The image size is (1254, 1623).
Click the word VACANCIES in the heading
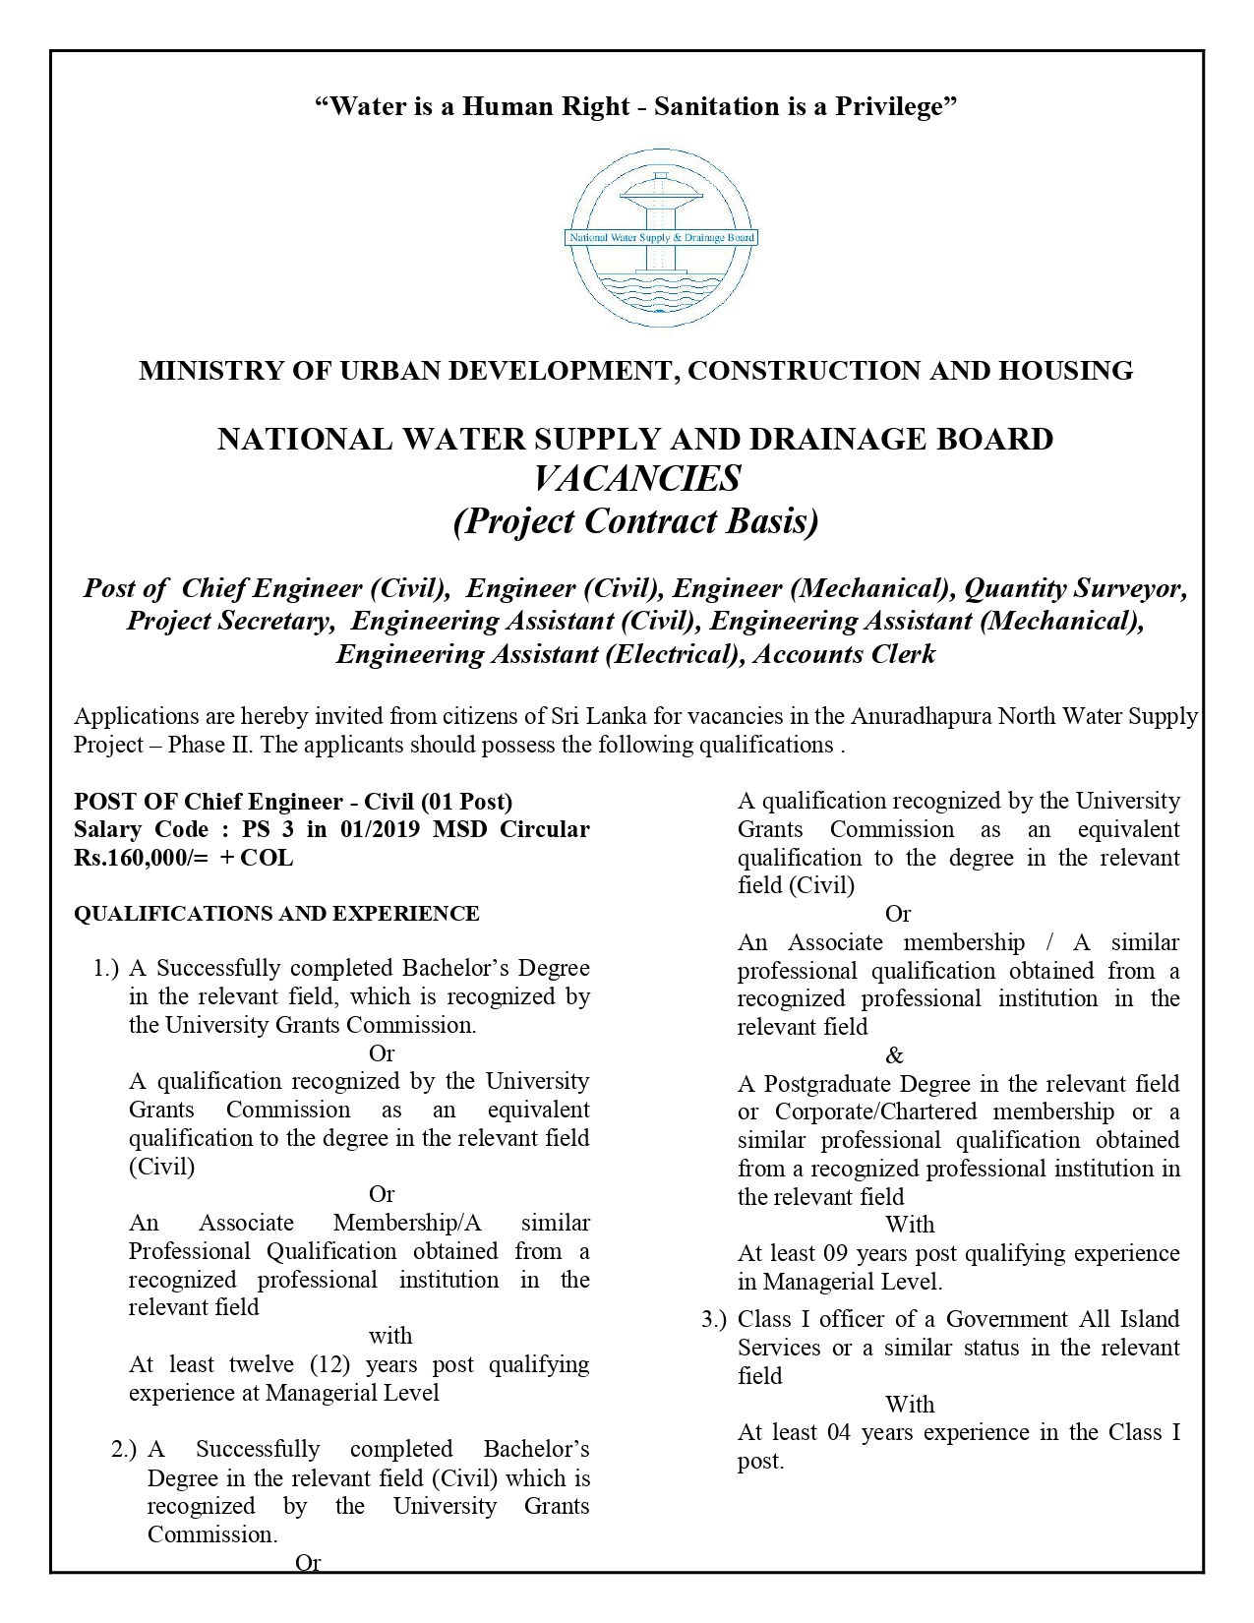click(x=636, y=479)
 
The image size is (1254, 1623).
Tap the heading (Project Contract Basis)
click(x=635, y=521)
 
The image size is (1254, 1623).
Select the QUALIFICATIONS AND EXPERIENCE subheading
click(x=276, y=914)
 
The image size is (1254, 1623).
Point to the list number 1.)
click(x=106, y=969)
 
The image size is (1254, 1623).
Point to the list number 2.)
click(x=124, y=1450)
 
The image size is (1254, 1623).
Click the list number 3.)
click(x=714, y=1320)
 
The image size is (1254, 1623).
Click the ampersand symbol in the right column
click(x=894, y=1056)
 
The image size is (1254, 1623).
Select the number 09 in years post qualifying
click(x=836, y=1254)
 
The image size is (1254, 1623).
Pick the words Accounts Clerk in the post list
click(x=844, y=654)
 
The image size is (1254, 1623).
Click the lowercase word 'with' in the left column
click(x=390, y=1337)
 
